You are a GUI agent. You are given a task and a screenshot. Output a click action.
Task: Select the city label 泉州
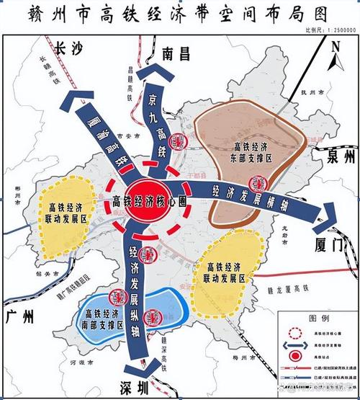point(339,158)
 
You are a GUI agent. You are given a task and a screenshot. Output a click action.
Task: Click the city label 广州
point(19,316)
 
